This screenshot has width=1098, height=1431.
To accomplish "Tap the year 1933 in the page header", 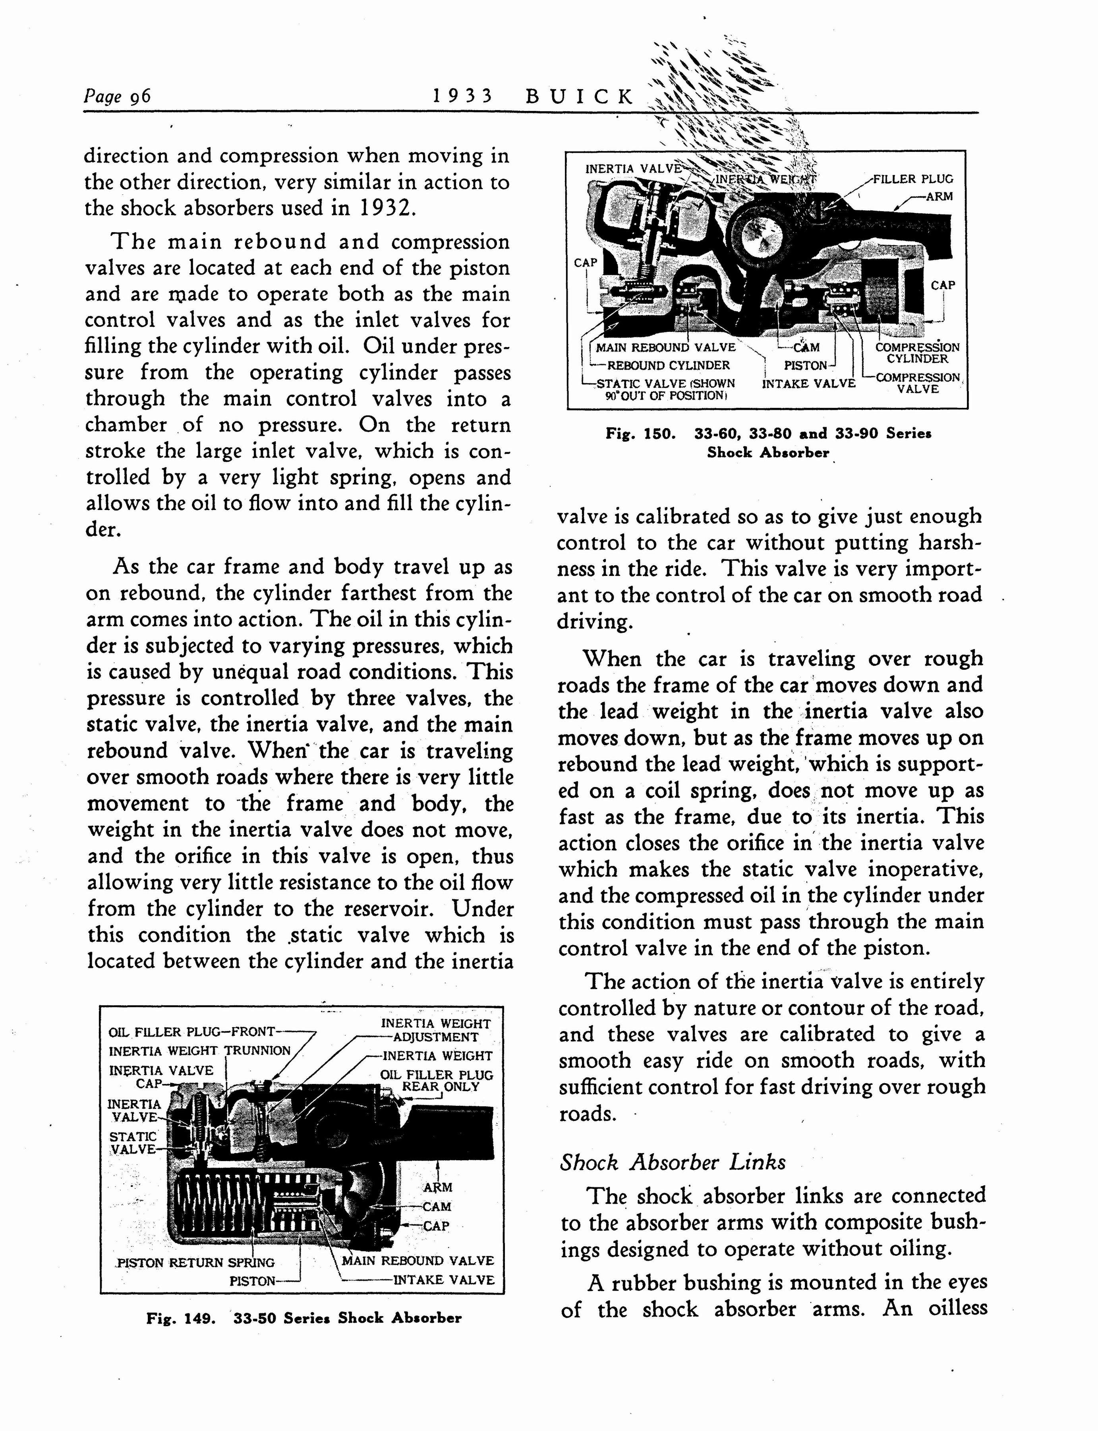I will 462,97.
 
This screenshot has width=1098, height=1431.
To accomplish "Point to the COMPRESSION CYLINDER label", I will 917,353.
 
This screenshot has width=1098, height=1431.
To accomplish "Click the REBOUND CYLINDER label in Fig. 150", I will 668,365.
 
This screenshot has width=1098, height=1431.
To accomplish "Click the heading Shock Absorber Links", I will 673,1162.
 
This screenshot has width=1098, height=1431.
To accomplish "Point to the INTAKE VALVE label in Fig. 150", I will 808,383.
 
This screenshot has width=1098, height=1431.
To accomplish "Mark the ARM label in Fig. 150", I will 939,196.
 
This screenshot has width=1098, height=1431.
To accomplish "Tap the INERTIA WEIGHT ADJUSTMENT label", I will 435,1030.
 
